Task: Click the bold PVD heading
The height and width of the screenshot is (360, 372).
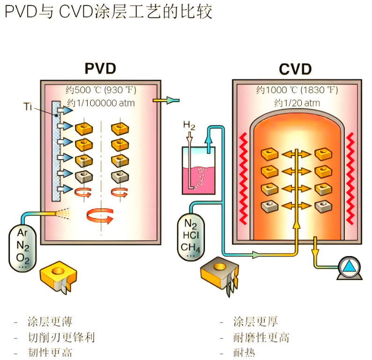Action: pos(100,68)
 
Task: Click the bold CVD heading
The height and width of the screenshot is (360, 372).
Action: pos(295,69)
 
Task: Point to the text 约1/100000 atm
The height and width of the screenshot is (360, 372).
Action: pos(101,103)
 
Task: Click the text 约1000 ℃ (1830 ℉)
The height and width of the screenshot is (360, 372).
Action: pos(297,90)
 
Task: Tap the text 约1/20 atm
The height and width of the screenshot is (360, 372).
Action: pos(297,103)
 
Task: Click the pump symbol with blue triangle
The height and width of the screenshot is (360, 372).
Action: pos(349,268)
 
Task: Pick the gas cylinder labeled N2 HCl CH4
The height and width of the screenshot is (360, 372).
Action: pos(191,237)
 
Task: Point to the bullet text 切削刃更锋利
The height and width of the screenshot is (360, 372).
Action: pos(61,337)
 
